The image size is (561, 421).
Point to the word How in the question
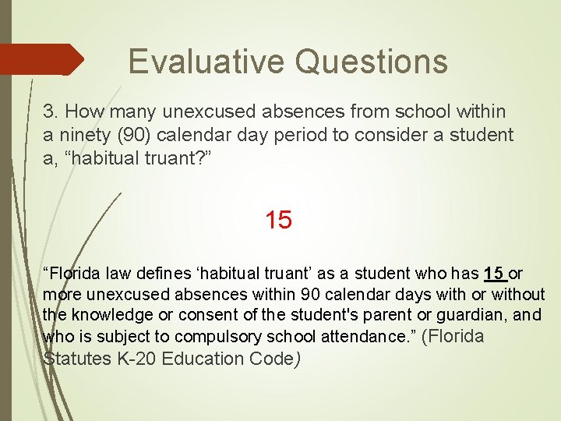(81, 113)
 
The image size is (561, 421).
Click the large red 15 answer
(278, 221)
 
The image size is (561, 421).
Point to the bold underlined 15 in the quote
(494, 274)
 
